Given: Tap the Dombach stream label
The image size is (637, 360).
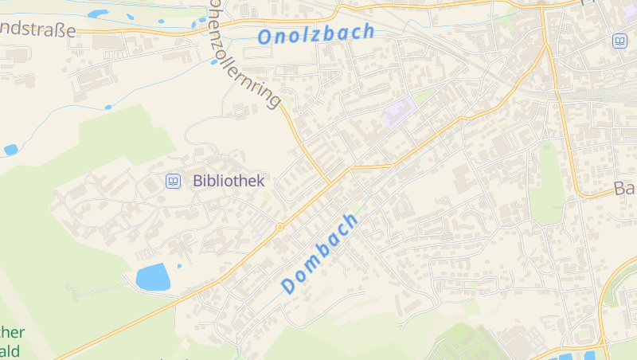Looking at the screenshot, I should coord(320,252).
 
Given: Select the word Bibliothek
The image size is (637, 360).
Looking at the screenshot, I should coord(229,181).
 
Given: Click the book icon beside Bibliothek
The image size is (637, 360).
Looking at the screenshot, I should coord(173,182).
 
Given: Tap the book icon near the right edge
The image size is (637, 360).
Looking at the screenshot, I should coord(619,41).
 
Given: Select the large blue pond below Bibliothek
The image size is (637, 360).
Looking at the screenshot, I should coord(153,277).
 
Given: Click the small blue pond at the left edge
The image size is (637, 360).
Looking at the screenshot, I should coord(10,150).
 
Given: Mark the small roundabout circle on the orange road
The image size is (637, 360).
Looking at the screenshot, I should coord(279,228).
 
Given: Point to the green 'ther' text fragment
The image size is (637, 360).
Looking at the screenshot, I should coord(13,332).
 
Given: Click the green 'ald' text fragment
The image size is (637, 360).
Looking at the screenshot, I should coord(13,350).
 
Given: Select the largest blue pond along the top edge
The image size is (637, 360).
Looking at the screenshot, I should coord(98,14).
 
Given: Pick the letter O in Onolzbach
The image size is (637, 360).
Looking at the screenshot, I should coord(266,37).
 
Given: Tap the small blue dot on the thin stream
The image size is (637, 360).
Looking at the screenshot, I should coord(108,107).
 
